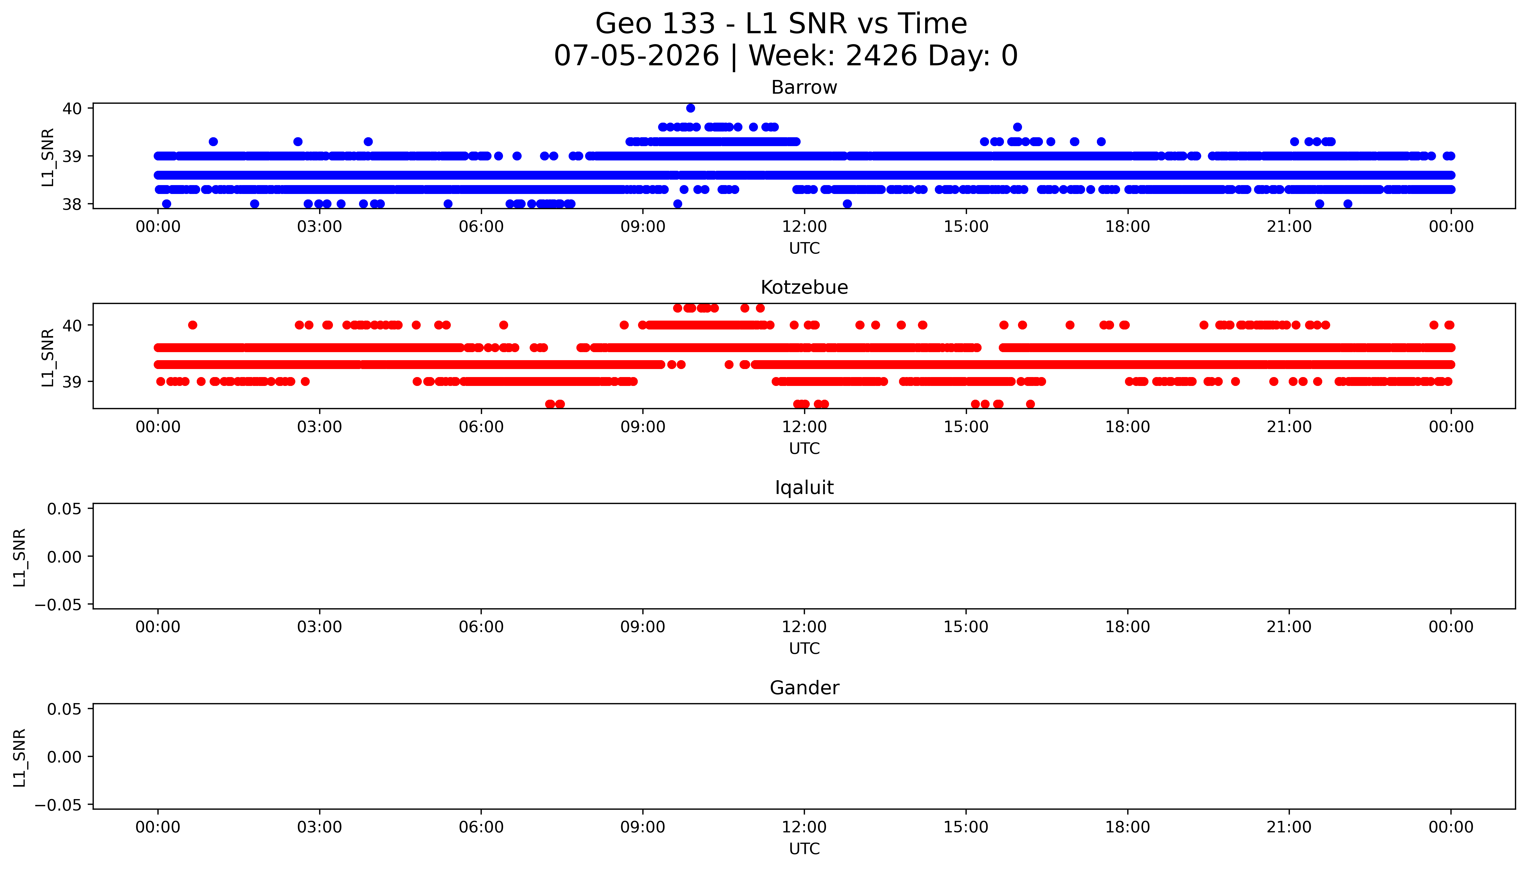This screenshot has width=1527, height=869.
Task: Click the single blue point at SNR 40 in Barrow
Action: (x=690, y=108)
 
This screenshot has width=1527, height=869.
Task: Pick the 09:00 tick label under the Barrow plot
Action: (x=643, y=227)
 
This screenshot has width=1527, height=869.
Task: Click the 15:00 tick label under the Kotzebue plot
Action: (x=966, y=427)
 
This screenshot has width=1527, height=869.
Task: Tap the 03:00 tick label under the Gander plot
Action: (x=319, y=827)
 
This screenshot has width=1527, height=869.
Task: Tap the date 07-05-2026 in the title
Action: (x=637, y=56)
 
